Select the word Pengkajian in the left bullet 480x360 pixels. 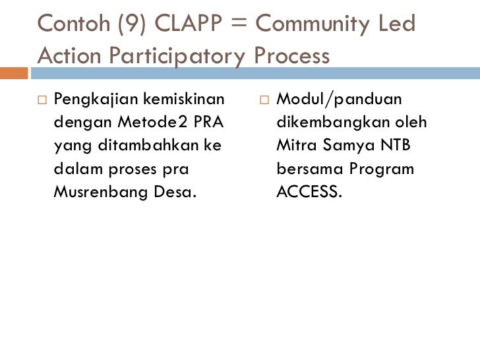click(90, 100)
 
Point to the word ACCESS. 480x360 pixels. click(309, 192)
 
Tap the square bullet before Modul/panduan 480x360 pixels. click(264, 100)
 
